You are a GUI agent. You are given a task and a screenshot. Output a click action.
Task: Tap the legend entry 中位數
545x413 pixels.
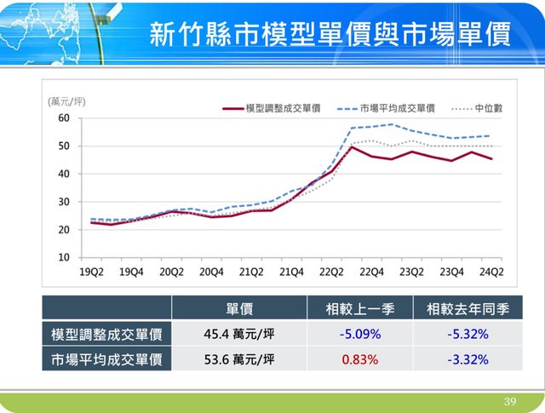pyautogui.click(x=488, y=108)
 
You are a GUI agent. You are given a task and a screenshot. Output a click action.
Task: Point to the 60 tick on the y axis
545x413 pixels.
pyautogui.click(x=65, y=118)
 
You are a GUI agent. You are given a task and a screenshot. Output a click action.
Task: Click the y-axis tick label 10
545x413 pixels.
pyautogui.click(x=65, y=257)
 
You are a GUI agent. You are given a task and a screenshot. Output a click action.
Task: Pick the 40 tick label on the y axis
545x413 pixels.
pyautogui.click(x=65, y=174)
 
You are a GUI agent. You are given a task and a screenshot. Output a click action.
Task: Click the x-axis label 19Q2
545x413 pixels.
pyautogui.click(x=91, y=272)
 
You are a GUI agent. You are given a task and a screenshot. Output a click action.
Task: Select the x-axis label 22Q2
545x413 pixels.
pyautogui.click(x=331, y=272)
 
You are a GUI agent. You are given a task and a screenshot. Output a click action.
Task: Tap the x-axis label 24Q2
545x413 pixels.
pyautogui.click(x=491, y=272)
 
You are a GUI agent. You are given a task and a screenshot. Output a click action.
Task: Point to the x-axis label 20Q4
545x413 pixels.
pyautogui.click(x=211, y=272)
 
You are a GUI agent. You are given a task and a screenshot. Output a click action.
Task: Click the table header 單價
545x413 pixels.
pyautogui.click(x=238, y=308)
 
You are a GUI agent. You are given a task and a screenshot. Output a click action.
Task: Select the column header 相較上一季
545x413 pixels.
pyautogui.click(x=360, y=308)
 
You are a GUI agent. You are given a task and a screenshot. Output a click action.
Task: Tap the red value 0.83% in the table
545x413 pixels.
pyautogui.click(x=359, y=359)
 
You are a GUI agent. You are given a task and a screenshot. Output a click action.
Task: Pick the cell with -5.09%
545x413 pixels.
pyautogui.click(x=359, y=334)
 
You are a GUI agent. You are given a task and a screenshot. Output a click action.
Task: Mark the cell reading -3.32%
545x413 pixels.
pyautogui.click(x=468, y=359)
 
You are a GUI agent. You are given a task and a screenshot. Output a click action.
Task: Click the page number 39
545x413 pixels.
pyautogui.click(x=510, y=401)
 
